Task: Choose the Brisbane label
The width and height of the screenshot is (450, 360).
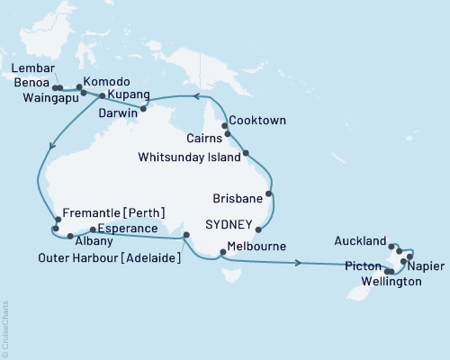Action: click(241, 197)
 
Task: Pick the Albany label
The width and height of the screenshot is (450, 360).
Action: click(91, 244)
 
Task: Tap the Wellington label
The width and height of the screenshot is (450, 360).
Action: click(391, 282)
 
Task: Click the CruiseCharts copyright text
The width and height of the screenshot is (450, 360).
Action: click(4, 328)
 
